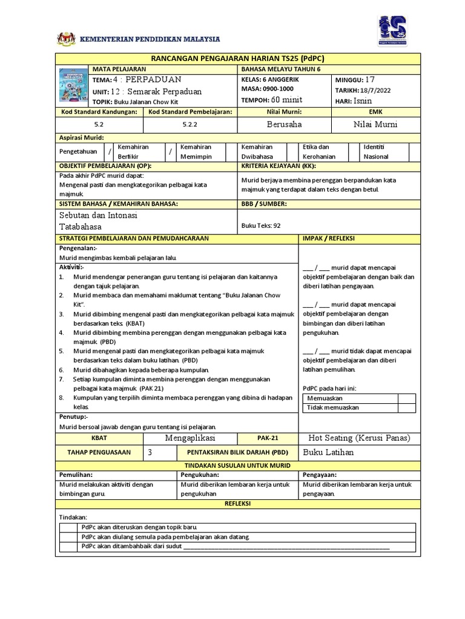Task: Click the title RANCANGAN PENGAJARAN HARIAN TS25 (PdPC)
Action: tap(237, 58)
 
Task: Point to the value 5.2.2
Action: tap(191, 124)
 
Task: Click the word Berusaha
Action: tap(285, 124)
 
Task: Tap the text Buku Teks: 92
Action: tap(261, 225)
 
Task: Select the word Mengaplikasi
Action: tap(191, 438)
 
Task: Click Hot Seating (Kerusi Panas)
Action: tap(359, 438)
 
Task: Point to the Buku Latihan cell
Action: tap(328, 452)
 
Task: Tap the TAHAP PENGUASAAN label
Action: tap(99, 453)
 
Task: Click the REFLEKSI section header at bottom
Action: tap(237, 503)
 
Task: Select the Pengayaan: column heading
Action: tap(322, 475)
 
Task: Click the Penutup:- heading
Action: tap(73, 416)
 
